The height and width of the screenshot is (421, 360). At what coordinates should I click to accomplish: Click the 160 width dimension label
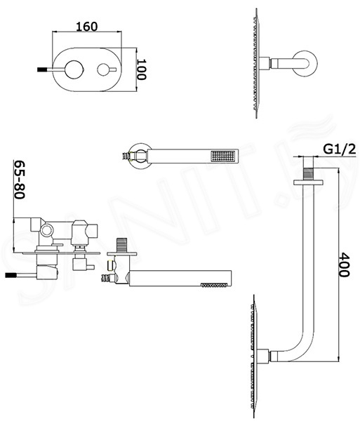tap(87, 27)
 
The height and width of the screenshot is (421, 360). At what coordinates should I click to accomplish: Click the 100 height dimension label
tap(142, 69)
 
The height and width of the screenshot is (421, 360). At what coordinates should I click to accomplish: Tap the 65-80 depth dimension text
tap(20, 180)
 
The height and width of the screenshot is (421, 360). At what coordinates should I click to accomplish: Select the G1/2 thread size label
tap(340, 149)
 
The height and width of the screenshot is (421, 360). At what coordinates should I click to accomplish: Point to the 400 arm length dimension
tap(344, 265)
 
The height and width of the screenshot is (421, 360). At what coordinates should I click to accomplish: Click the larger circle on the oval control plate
tap(74, 69)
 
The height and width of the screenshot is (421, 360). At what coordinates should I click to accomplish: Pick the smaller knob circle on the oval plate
tap(104, 69)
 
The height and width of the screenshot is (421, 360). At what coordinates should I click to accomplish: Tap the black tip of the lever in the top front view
tap(40, 69)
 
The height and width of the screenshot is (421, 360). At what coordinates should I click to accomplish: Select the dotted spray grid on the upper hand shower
tap(223, 156)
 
